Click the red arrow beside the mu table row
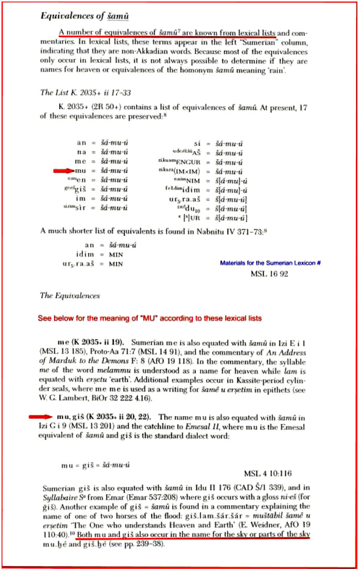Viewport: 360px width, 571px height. click(x=62, y=171)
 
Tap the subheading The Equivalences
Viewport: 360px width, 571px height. click(x=70, y=295)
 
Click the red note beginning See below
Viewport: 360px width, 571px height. click(x=150, y=318)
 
